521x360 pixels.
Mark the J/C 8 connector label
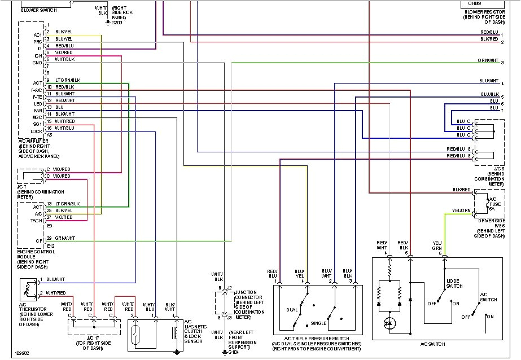(x=498, y=169)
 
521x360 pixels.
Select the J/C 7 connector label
(x=21, y=187)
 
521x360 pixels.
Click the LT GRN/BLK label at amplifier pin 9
(x=68, y=80)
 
